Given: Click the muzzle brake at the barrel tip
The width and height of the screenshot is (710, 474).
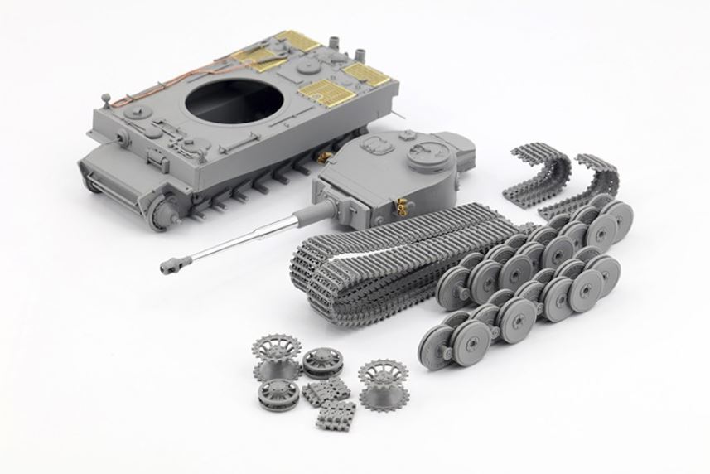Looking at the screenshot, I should coord(173,264).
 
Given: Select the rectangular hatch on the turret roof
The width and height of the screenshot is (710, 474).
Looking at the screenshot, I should coord(378,146).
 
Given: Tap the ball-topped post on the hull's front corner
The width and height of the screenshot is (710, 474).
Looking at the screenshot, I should coord(105,99).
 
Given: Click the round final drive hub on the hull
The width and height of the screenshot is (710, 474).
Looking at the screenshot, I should coord(162,212).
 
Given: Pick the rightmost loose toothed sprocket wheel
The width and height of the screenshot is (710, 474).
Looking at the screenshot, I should coord(382,379).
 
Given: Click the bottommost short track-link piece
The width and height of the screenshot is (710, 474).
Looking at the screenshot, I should coord(336,414).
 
